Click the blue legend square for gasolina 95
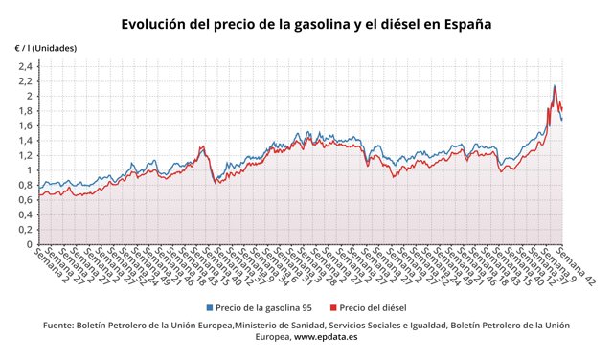click(x=210, y=308)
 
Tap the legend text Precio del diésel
click(x=374, y=308)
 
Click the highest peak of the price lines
click(x=555, y=86)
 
